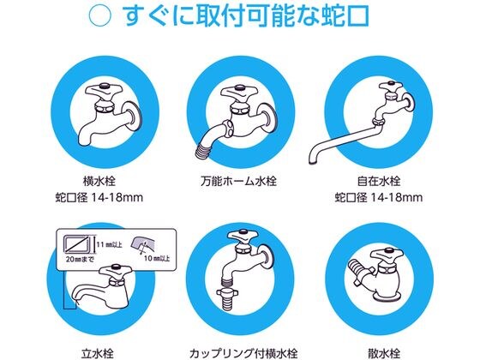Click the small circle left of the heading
tap(99, 16)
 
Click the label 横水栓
tap(99, 181)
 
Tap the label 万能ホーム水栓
tap(239, 181)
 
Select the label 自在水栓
tap(379, 181)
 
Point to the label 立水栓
tap(98, 354)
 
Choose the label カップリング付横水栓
tap(243, 354)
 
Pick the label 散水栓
tap(384, 354)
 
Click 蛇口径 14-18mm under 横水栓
tap(99, 197)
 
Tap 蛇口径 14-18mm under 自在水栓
tap(379, 197)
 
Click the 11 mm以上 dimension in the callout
tap(110, 244)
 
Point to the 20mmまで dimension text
tap(81, 259)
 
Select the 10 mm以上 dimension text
tap(157, 258)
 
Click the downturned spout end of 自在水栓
tap(314, 159)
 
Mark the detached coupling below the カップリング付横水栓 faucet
tap(229, 297)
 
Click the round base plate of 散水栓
tap(387, 296)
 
